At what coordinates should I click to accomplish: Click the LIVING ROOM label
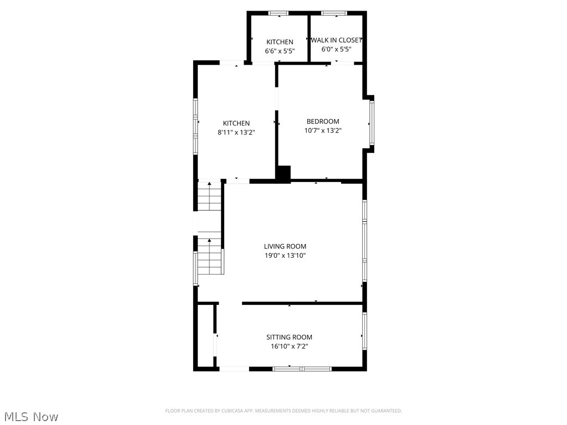pos(285,246)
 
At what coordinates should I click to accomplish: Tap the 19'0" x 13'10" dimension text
pos(285,256)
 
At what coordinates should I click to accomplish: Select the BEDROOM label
pos(323,122)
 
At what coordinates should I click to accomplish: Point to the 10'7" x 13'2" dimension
pos(323,131)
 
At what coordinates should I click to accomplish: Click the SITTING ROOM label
pos(289,337)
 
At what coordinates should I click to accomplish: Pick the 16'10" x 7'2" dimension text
pos(289,346)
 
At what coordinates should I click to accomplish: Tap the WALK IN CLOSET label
pos(336,40)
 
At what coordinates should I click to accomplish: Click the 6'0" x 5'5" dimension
pos(336,49)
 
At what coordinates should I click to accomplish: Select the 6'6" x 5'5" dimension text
pos(280,51)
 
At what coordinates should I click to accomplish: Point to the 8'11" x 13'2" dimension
pos(236,132)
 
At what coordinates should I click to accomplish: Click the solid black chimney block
pos(283,173)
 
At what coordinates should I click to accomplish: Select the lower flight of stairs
pos(210,256)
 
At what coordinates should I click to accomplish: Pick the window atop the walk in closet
pos(334,13)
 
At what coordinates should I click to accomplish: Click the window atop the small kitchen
pos(279,13)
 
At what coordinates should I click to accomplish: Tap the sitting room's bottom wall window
pos(302,369)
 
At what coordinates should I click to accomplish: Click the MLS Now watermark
pos(31,417)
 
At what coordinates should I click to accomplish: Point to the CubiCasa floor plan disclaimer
pos(283,411)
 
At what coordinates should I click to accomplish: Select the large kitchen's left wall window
pos(195,126)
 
